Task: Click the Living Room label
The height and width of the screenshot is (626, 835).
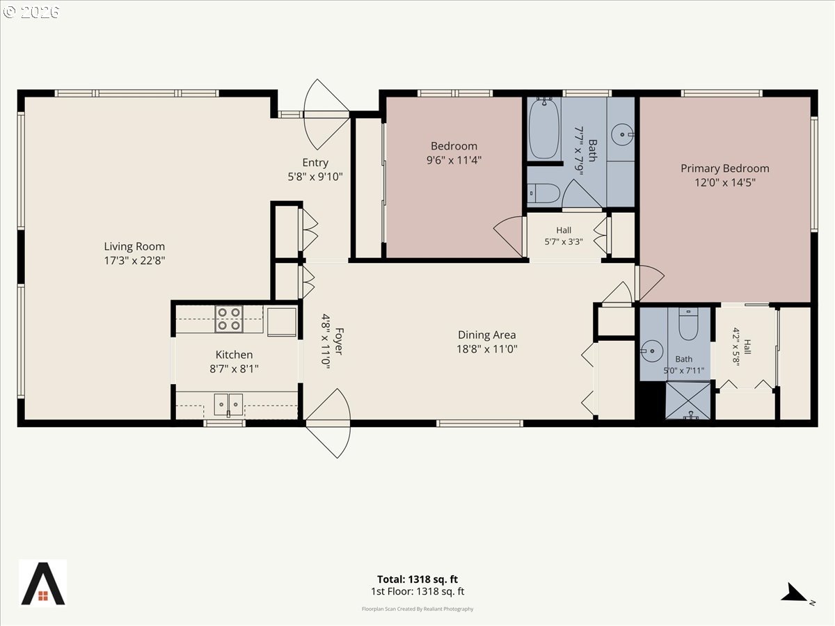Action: tap(134, 246)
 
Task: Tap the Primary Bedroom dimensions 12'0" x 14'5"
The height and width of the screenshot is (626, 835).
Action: tap(724, 182)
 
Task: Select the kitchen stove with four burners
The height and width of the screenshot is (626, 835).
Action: tap(229, 319)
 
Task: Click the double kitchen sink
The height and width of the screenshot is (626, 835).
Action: tap(228, 404)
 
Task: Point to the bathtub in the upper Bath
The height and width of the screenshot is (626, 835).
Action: tap(544, 128)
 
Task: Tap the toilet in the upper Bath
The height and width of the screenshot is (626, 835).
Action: tap(543, 193)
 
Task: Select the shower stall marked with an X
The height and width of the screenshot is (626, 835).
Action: tap(688, 401)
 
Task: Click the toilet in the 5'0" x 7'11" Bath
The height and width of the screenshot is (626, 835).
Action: tap(688, 323)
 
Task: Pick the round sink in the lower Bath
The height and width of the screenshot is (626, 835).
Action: tap(651, 351)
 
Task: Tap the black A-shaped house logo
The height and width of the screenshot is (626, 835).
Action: tap(43, 583)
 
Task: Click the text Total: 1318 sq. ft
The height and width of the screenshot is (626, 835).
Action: tap(417, 579)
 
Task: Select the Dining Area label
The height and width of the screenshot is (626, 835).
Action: tap(486, 335)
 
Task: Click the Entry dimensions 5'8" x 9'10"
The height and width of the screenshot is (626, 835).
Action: tap(315, 177)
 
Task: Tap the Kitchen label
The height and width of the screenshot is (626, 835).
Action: tap(234, 355)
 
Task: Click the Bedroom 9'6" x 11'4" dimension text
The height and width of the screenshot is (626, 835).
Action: tap(454, 160)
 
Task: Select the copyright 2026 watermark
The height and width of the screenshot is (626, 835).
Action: tap(31, 12)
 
